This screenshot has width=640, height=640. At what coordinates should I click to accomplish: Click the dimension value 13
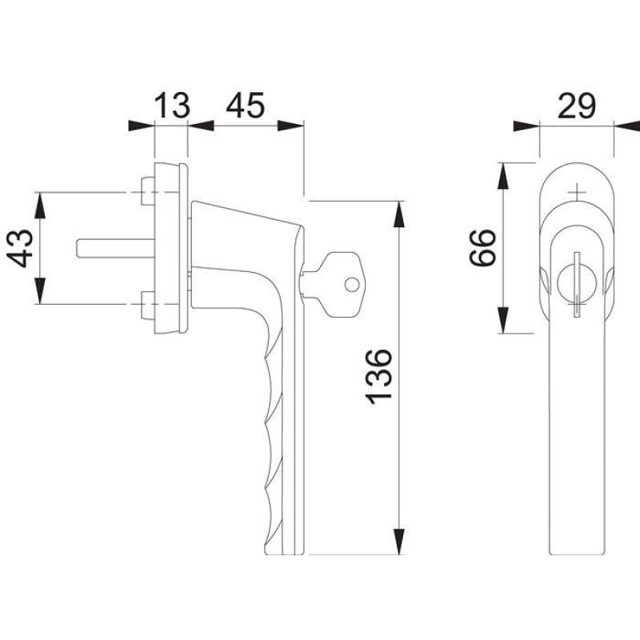172,106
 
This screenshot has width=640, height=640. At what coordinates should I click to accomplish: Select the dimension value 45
246,106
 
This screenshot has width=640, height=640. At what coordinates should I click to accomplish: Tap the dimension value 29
576,106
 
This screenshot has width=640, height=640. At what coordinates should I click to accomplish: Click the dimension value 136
379,377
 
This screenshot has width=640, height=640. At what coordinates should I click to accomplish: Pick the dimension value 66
482,248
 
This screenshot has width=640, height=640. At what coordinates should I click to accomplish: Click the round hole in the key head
352,285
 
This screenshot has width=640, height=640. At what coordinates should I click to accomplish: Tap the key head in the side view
342,285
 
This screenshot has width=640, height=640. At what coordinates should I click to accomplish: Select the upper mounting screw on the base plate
147,191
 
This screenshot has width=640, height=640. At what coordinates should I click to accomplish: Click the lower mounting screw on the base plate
147,305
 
